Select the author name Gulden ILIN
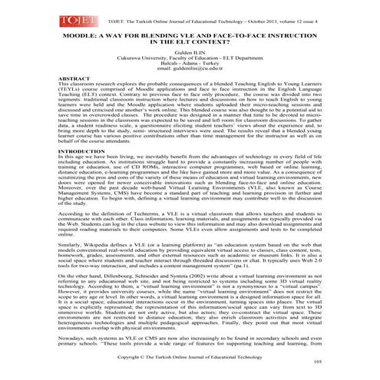tap(190, 60)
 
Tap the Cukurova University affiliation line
tap(190, 67)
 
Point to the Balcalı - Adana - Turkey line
tap(190, 74)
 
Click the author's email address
tap(190, 81)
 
